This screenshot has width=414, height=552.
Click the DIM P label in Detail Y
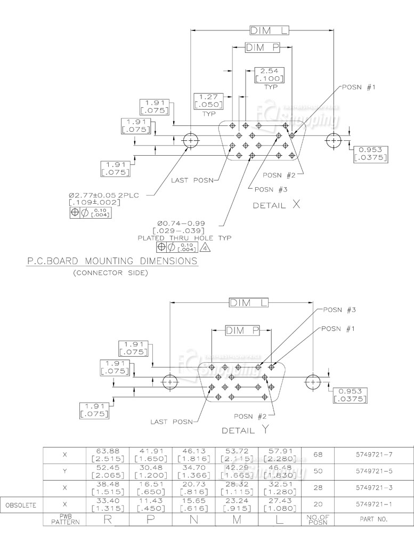pyautogui.click(x=242, y=331)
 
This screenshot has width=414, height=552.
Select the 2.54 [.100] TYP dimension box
pyautogui.click(x=269, y=75)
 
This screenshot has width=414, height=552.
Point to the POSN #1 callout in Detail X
pyautogui.click(x=359, y=87)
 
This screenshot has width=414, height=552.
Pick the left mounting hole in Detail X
pyautogui.click(x=191, y=141)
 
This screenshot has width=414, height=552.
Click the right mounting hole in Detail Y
pyautogui.click(x=313, y=382)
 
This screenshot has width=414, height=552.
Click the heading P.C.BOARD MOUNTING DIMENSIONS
pyautogui.click(x=112, y=261)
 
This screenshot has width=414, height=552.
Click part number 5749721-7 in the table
pyautogui.click(x=374, y=455)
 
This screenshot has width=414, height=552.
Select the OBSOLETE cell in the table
pyautogui.click(x=21, y=504)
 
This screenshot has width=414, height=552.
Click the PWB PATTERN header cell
pyautogui.click(x=64, y=519)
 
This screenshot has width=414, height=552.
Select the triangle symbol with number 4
pyautogui.click(x=206, y=247)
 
